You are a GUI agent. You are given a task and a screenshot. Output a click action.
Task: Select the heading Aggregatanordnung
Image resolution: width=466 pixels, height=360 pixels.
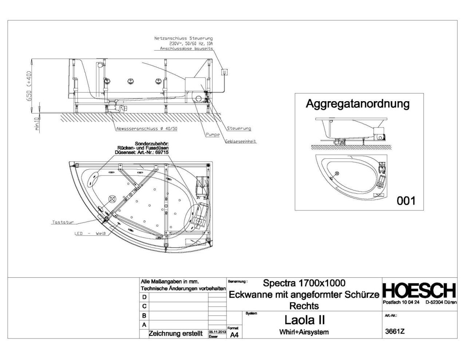(x=357, y=104)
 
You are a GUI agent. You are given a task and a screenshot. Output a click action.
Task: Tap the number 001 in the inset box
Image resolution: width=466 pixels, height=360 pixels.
(x=406, y=201)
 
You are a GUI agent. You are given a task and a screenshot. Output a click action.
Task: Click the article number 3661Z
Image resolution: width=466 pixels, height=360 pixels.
(x=395, y=331)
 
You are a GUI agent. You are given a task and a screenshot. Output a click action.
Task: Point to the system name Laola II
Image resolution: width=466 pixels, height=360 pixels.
(x=304, y=320)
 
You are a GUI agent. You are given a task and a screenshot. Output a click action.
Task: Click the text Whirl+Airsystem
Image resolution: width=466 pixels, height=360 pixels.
(x=304, y=332)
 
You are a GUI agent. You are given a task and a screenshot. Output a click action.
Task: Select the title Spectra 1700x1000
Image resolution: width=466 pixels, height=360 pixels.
(x=304, y=283)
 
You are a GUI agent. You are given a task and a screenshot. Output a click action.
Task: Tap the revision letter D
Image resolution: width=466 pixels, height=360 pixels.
(x=144, y=297)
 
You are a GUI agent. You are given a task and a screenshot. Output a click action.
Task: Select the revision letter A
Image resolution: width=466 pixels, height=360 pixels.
(x=144, y=325)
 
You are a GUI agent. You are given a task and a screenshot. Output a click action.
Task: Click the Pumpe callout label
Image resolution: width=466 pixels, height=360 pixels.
(x=213, y=135)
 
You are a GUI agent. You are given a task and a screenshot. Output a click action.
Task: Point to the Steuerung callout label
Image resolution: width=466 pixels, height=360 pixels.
(x=239, y=128)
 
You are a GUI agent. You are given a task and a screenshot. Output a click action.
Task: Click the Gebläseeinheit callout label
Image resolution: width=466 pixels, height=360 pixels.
(x=241, y=141)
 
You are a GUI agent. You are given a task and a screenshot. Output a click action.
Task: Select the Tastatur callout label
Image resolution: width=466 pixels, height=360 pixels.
(x=63, y=222)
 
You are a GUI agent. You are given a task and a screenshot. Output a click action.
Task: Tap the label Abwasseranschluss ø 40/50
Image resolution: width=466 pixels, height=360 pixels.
(x=147, y=129)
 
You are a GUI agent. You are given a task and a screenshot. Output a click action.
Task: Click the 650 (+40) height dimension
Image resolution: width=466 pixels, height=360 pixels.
(x=29, y=86)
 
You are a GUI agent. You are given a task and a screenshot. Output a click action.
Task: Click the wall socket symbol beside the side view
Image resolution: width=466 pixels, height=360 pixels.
(x=225, y=72)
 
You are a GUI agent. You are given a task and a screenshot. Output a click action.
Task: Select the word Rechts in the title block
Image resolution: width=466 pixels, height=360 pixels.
(x=304, y=306)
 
